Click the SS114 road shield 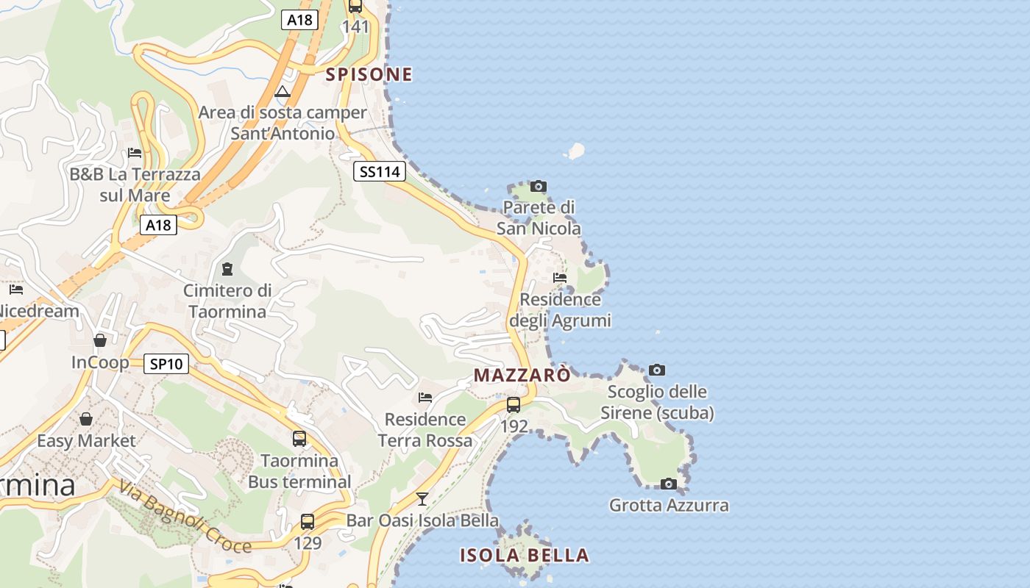point(379,172)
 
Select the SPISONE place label point(369,74)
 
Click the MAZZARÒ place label point(522,375)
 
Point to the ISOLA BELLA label point(525,555)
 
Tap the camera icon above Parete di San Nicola point(539,186)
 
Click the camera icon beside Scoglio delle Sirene point(657,370)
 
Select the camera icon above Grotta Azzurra point(668,484)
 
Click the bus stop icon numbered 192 point(514,404)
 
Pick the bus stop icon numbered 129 point(308,522)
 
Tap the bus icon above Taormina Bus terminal point(299,439)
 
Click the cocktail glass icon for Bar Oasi point(422,499)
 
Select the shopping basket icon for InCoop point(100,340)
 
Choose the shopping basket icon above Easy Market point(86,419)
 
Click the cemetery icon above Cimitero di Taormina point(227,269)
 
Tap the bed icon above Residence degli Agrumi point(560,278)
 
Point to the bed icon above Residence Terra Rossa point(425,398)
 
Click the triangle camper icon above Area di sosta point(283,92)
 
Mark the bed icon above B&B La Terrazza point(135,153)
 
